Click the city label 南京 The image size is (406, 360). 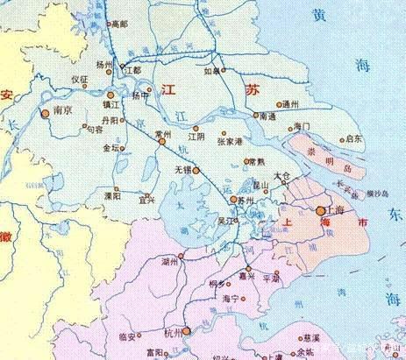coord(61,112)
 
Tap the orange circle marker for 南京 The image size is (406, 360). coord(45,112)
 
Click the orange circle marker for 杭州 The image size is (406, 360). coord(186,330)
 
